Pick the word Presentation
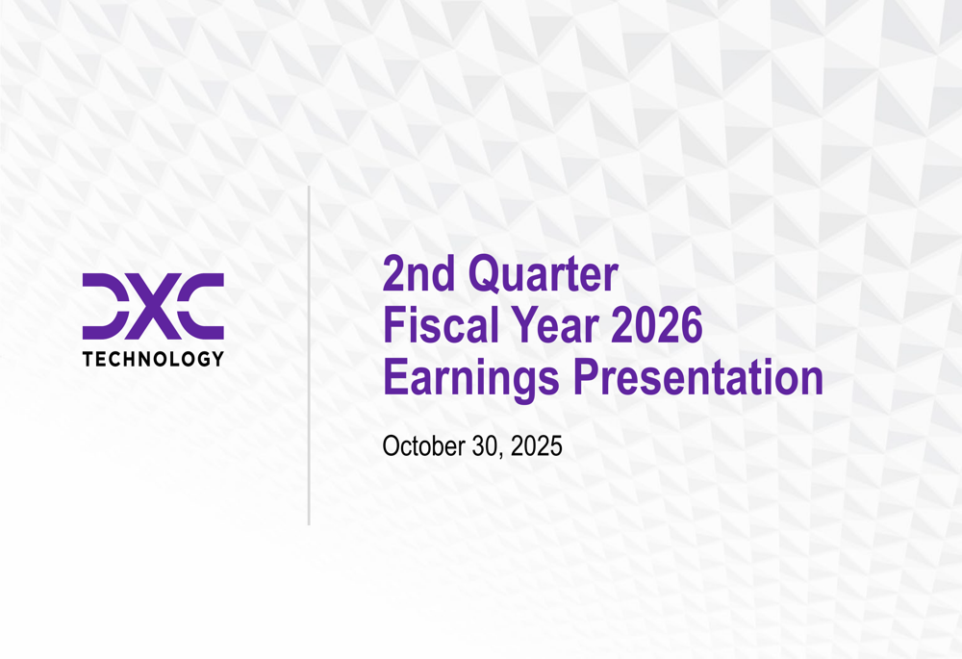pyautogui.click(x=697, y=378)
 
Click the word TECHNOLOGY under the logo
pyautogui.click(x=154, y=360)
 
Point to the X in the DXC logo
pyautogui.click(x=154, y=306)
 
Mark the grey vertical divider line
pyautogui.click(x=309, y=356)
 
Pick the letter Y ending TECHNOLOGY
pyautogui.click(x=218, y=360)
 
